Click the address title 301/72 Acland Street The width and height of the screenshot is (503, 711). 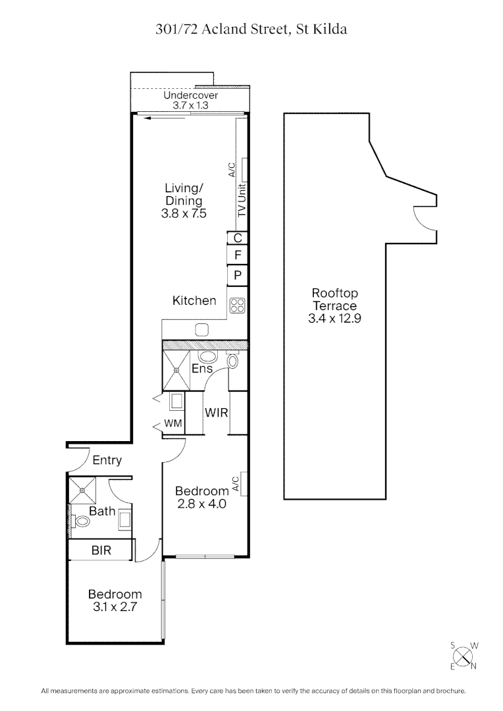point(251,29)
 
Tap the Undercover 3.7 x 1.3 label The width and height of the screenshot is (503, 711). point(190,100)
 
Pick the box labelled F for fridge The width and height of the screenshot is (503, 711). point(238,255)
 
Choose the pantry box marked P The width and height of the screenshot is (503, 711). point(238,275)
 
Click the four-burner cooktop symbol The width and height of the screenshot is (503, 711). point(237,305)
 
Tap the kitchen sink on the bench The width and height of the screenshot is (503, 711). point(202,329)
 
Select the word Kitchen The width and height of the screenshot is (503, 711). point(194,301)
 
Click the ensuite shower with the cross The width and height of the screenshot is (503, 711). point(176,371)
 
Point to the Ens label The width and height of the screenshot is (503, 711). point(201,369)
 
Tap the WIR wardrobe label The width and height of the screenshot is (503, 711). point(216,413)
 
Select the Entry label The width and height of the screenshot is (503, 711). point(107,460)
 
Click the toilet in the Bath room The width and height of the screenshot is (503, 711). point(82,522)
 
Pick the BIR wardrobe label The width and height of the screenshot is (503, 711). point(101,550)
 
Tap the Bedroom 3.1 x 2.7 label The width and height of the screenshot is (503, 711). point(115,600)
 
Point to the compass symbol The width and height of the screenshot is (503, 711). point(464,656)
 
